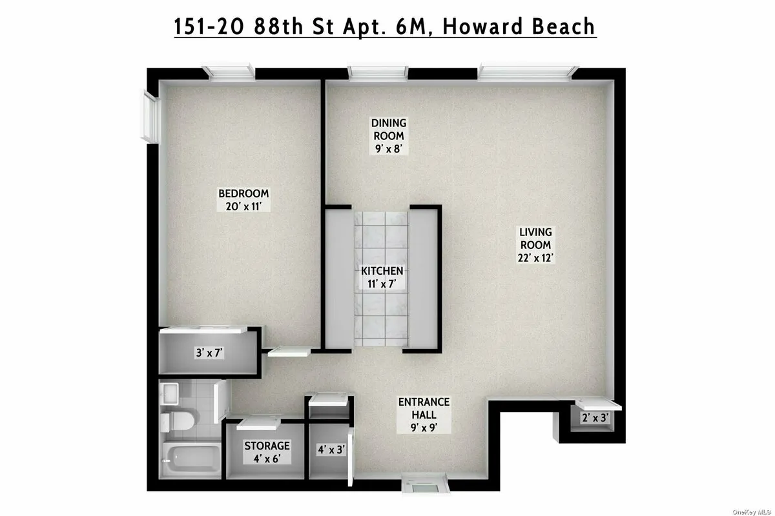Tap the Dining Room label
[387, 135]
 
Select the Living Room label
[535, 244]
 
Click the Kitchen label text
[382, 277]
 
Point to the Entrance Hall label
[424, 414]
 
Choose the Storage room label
[267, 452]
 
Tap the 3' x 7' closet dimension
[210, 353]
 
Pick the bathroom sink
[170, 392]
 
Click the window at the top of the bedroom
[226, 71]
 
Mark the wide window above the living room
[526, 71]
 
